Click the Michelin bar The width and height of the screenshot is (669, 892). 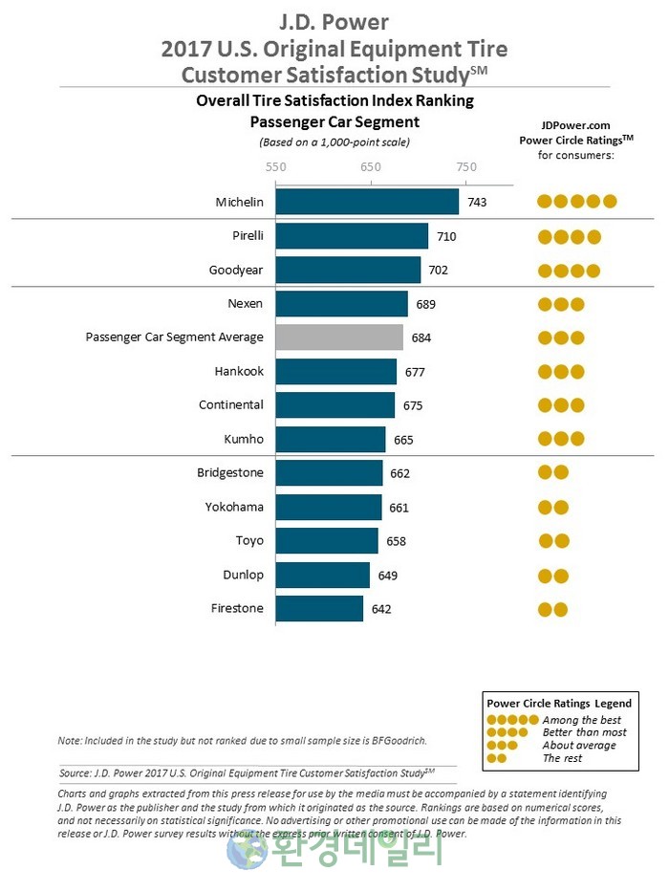(x=367, y=202)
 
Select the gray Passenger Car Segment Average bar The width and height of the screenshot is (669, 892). (x=339, y=337)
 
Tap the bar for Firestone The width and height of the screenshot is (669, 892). (x=319, y=609)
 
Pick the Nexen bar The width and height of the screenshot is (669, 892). (x=342, y=304)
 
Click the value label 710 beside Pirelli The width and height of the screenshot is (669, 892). (x=446, y=236)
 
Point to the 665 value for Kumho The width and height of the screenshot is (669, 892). (x=403, y=440)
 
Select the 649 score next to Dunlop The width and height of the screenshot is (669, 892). (x=387, y=576)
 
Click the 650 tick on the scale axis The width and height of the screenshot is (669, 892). (x=371, y=166)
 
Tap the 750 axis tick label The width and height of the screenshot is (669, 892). (x=465, y=166)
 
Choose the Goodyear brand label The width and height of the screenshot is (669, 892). (x=236, y=271)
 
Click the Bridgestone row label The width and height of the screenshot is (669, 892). (x=230, y=473)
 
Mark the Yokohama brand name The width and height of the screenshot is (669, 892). (x=234, y=508)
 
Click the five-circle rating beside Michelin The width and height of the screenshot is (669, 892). (x=576, y=202)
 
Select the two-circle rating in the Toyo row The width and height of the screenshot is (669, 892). (x=553, y=542)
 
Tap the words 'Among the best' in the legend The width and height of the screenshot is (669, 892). (x=581, y=720)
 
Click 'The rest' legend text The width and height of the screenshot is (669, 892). (x=562, y=758)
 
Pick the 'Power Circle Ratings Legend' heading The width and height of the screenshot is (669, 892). (x=559, y=704)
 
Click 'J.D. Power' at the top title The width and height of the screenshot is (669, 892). (x=334, y=21)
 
